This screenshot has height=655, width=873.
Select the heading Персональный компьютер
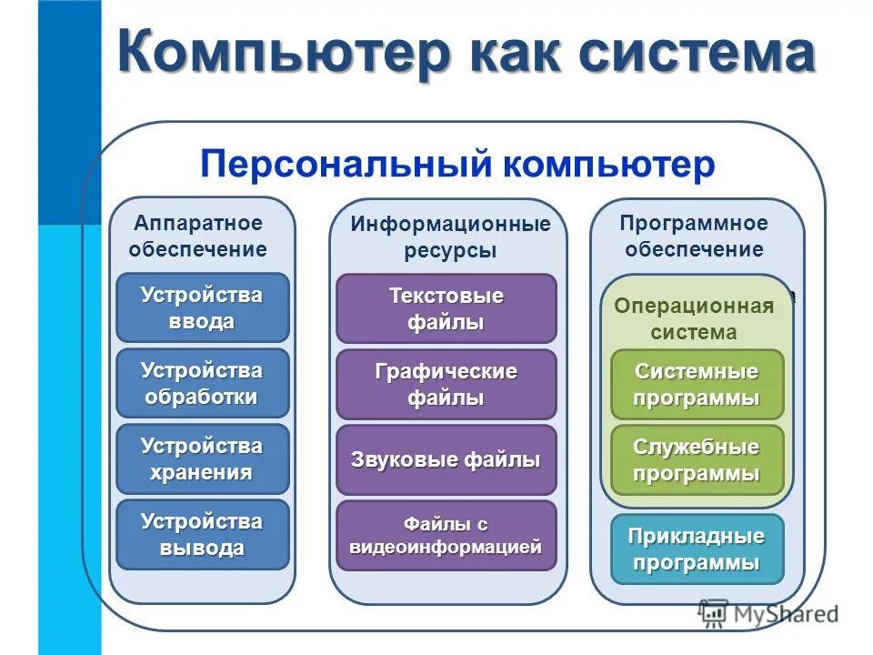pyautogui.click(x=457, y=165)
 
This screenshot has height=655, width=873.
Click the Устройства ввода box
pyautogui.click(x=202, y=307)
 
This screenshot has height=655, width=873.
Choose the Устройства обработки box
pyautogui.click(x=202, y=383)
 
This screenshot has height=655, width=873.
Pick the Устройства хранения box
pyautogui.click(x=202, y=458)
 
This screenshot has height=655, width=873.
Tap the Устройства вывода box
pyautogui.click(x=202, y=534)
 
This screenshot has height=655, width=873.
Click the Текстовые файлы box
pyautogui.click(x=446, y=308)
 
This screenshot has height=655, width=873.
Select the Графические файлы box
pyautogui.click(x=446, y=384)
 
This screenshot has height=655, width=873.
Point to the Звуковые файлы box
pyautogui.click(x=446, y=459)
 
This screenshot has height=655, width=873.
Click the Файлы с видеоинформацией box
pyautogui.click(x=446, y=535)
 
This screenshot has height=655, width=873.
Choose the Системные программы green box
pyautogui.click(x=697, y=384)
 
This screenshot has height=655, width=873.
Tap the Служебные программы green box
pyautogui.click(x=697, y=459)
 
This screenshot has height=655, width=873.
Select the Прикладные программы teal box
pyautogui.click(x=697, y=549)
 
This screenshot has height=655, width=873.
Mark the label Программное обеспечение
pyautogui.click(x=694, y=237)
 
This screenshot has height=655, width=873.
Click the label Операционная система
pyautogui.click(x=694, y=318)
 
